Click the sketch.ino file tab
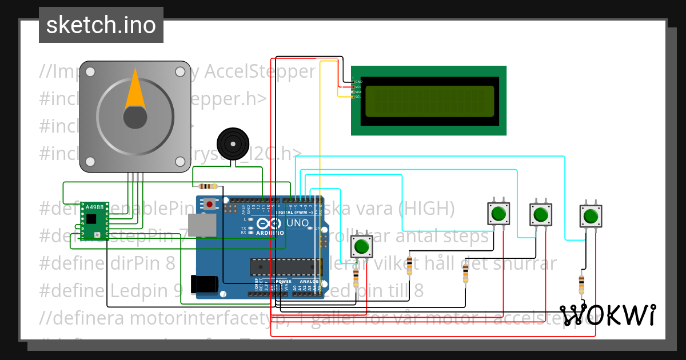(101, 25)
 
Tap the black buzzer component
(233, 142)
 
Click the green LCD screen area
(429, 101)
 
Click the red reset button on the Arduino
(210, 204)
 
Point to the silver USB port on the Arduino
(201, 225)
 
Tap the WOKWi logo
(608, 315)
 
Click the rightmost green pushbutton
(591, 217)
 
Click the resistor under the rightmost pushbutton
(581, 282)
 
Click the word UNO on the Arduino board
(297, 222)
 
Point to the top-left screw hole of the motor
(90, 71)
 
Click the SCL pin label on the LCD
(358, 97)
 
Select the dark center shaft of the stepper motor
(135, 117)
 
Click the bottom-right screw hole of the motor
(180, 162)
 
